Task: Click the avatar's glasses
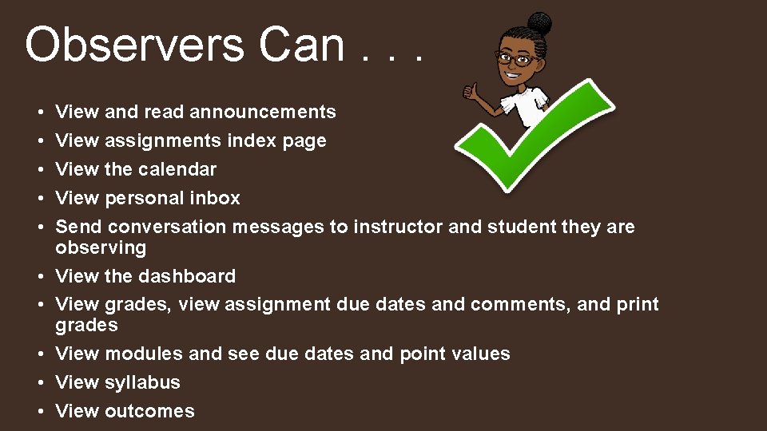pos(516,58)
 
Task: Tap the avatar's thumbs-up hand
pos(475,93)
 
